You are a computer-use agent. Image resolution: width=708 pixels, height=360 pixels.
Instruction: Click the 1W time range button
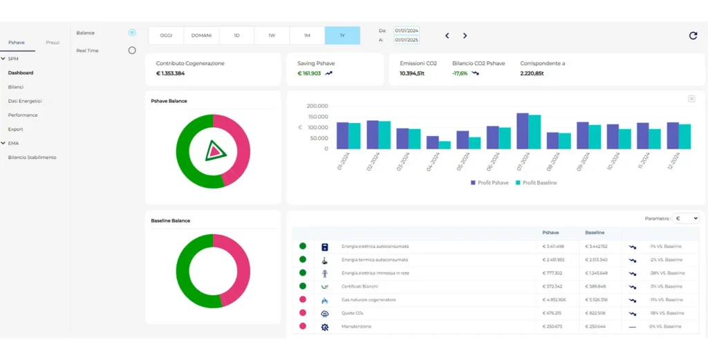pyautogui.click(x=272, y=35)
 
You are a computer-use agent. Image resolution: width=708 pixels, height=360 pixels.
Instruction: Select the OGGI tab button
pyautogui.click(x=166, y=35)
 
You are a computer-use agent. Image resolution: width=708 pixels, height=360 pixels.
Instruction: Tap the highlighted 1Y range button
pyautogui.click(x=342, y=35)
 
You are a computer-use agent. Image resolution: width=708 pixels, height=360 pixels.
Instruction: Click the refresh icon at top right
pyautogui.click(x=693, y=36)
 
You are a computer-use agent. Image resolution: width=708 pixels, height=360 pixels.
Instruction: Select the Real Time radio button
pyautogui.click(x=132, y=50)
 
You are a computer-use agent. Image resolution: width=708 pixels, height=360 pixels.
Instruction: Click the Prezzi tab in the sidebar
pyautogui.click(x=53, y=43)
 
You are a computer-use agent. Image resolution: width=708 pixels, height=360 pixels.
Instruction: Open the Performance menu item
pyautogui.click(x=23, y=115)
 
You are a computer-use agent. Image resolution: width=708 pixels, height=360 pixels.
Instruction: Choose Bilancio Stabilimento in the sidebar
pyautogui.click(x=32, y=158)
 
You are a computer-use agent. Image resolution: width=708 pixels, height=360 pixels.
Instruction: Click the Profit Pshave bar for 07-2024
pyautogui.click(x=523, y=131)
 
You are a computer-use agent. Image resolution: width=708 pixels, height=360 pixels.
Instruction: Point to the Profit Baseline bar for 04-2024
pyautogui.click(x=445, y=145)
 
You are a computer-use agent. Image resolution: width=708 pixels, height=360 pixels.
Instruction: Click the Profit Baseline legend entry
pyautogui.click(x=536, y=182)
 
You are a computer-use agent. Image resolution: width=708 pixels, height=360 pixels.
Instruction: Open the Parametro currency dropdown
pyautogui.click(x=687, y=218)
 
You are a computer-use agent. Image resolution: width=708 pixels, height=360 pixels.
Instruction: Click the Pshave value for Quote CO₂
pyautogui.click(x=554, y=313)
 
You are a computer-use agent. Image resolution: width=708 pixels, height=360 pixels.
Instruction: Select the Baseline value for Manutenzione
pyautogui.click(x=595, y=327)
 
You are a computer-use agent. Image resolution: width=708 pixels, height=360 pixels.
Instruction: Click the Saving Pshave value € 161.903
pyautogui.click(x=309, y=73)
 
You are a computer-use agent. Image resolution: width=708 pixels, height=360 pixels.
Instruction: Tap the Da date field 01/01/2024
pyautogui.click(x=406, y=30)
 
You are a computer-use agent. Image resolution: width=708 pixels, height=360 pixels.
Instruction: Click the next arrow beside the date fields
pyautogui.click(x=465, y=36)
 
